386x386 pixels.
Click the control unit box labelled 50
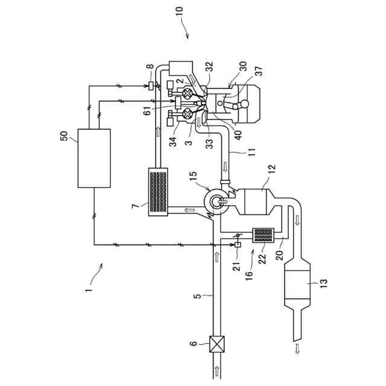click(94, 158)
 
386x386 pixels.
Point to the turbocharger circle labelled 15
click(216, 200)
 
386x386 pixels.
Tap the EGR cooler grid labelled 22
click(263, 235)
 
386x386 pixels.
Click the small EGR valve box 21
click(237, 244)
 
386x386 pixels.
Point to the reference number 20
click(279, 253)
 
